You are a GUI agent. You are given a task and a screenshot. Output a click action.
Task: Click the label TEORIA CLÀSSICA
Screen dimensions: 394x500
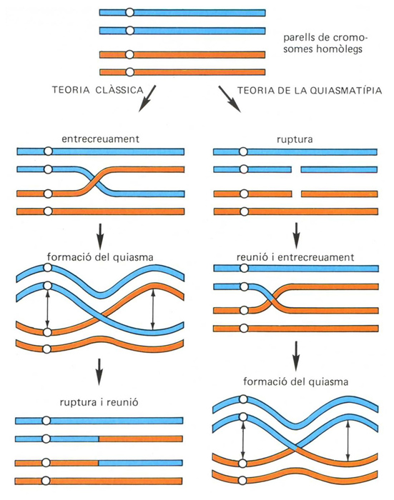[x=98, y=90]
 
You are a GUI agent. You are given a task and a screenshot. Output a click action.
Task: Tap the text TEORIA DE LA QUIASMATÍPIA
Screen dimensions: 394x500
[x=310, y=91]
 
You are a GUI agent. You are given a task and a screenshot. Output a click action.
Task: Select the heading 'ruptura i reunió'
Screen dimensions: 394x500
[x=99, y=402]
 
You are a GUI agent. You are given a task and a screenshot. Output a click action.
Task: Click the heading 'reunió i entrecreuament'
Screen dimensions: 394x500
[x=295, y=257]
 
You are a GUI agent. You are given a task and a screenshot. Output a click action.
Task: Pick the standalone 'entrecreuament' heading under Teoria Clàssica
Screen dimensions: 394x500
[x=101, y=139]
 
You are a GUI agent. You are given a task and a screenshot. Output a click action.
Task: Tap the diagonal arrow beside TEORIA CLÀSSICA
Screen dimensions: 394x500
[x=147, y=99]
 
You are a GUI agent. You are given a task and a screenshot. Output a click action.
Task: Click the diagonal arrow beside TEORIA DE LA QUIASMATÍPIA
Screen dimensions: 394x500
[x=230, y=99]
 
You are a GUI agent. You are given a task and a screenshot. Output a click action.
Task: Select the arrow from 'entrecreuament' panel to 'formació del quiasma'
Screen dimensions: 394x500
[x=100, y=236]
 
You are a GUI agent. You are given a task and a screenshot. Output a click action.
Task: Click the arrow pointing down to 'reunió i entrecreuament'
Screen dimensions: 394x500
[x=297, y=236]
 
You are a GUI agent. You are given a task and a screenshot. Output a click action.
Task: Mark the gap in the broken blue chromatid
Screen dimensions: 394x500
[x=296, y=169]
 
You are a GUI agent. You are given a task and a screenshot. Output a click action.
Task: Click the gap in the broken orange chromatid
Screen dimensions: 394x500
[x=297, y=194]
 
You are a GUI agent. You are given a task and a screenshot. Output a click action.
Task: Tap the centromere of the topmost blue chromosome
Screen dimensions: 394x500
[x=129, y=13]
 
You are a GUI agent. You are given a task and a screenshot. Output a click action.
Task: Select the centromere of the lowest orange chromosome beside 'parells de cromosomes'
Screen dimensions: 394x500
[x=129, y=72]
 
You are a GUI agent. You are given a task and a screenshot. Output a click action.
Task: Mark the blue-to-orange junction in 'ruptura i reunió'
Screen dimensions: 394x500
[x=99, y=439]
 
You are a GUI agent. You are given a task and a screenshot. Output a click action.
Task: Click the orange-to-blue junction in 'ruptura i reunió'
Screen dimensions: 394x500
[x=99, y=463]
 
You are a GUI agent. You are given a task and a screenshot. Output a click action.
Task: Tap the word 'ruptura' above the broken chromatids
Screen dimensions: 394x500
[x=295, y=140]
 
